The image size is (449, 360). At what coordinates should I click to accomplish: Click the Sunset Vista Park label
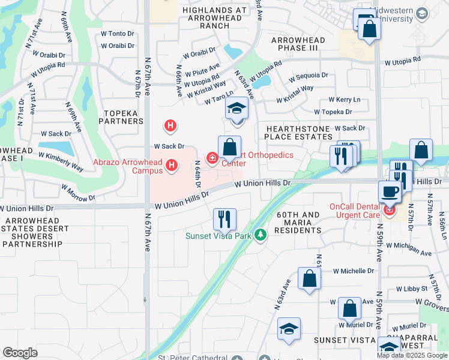[x=217, y=236]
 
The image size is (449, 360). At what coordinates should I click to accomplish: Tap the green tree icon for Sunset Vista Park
[x=260, y=235]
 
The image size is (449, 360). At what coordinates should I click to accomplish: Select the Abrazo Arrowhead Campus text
[x=127, y=166]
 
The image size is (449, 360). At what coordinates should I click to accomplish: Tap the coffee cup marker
[x=390, y=192]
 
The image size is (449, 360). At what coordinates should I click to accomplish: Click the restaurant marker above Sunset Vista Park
[x=225, y=219]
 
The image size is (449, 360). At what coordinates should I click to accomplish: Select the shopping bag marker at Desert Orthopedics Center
[x=229, y=147]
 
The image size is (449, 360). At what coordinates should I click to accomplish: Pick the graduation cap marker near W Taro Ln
[x=237, y=109]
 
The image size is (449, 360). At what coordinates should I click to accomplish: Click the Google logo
[x=20, y=353]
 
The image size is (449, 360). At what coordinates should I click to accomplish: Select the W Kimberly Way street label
[x=61, y=163]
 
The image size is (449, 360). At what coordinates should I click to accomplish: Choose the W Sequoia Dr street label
[x=308, y=76]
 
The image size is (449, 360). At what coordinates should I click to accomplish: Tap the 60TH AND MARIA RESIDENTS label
[x=298, y=223]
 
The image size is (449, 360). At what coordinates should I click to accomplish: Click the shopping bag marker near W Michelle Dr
[x=309, y=279]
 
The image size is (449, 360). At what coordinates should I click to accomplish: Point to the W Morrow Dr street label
[x=78, y=191]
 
